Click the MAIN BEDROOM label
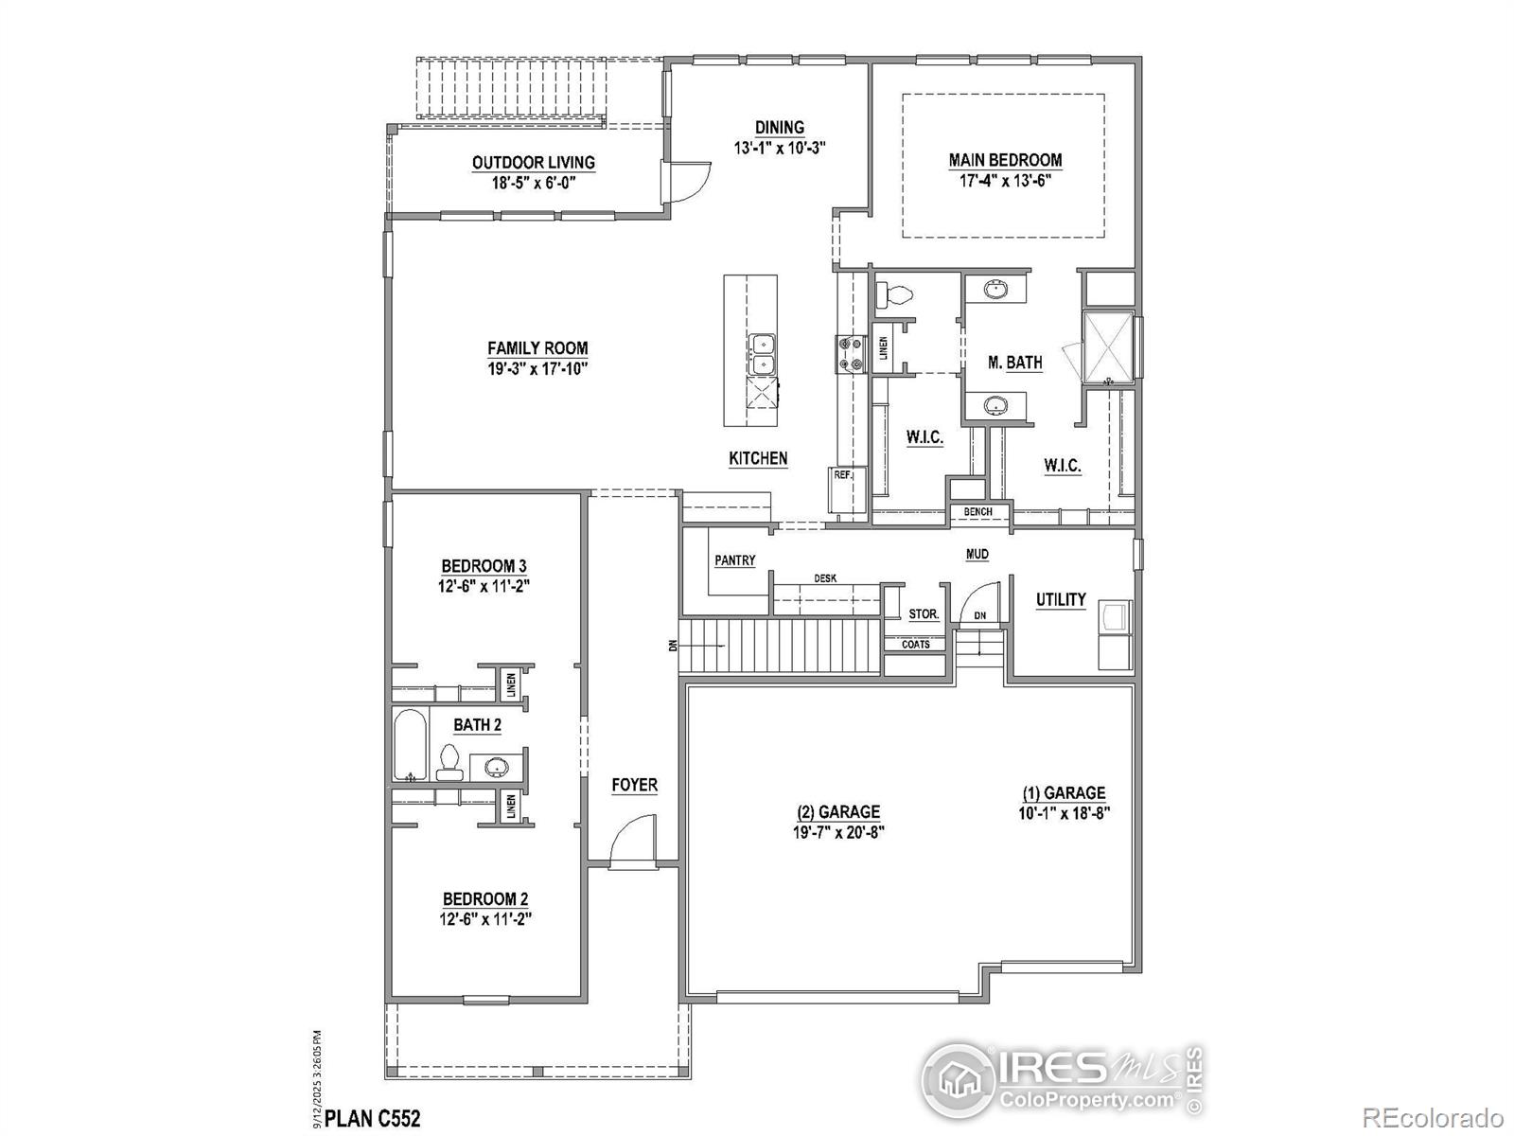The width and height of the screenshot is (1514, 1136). click(x=1005, y=160)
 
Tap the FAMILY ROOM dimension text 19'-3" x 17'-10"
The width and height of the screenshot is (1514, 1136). click(x=537, y=369)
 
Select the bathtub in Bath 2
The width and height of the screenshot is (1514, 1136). click(x=411, y=745)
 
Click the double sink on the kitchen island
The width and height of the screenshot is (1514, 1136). click(x=762, y=355)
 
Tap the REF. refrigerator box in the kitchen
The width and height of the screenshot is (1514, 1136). click(x=842, y=475)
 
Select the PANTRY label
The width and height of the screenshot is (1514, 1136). click(x=735, y=560)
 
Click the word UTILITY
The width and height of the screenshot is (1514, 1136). click(x=1061, y=599)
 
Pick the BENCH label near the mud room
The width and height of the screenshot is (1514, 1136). click(x=977, y=512)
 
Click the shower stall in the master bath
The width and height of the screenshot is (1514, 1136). click(x=1108, y=346)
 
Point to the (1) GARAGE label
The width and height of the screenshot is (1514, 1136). click(x=1063, y=793)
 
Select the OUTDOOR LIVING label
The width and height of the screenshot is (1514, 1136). click(x=534, y=163)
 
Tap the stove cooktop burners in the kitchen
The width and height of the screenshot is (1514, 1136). click(x=850, y=353)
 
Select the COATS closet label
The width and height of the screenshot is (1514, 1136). click(x=916, y=645)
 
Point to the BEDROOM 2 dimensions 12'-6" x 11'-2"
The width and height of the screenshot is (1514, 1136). click(x=485, y=918)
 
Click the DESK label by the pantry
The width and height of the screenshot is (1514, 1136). click(x=825, y=578)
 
